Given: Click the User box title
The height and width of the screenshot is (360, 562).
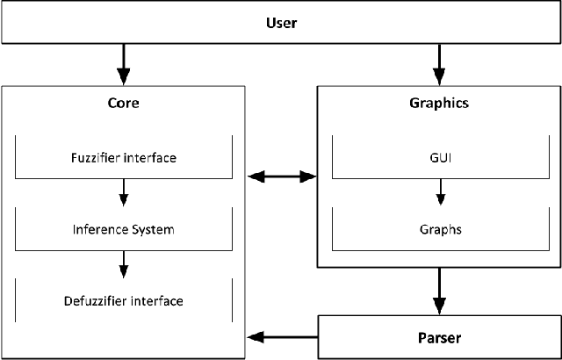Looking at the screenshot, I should [281, 22].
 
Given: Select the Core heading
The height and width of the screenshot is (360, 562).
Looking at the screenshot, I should [124, 103].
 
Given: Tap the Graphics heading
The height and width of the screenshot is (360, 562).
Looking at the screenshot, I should [438, 103].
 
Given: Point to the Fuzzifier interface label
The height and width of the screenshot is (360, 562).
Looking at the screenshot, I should [124, 159].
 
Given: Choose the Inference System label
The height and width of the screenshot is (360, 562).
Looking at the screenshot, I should [124, 230].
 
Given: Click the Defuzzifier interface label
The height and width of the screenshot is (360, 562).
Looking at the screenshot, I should [124, 301].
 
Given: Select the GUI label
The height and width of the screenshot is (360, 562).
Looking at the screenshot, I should [438, 159].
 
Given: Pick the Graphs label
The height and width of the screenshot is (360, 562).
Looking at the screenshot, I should [438, 230].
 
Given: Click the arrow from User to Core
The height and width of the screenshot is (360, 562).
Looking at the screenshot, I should [124, 64].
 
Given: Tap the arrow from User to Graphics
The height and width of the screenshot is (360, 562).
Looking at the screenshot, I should [438, 64].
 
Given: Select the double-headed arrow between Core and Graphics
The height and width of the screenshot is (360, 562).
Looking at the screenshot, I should [282, 177].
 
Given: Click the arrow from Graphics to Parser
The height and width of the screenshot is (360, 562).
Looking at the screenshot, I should [438, 292].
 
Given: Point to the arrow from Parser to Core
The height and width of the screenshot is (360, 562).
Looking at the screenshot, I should [282, 335].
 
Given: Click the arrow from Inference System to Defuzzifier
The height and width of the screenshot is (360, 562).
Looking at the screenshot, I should [124, 262].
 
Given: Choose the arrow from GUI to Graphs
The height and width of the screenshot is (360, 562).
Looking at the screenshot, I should [438, 191].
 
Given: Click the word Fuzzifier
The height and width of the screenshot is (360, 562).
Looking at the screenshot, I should [97, 159].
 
